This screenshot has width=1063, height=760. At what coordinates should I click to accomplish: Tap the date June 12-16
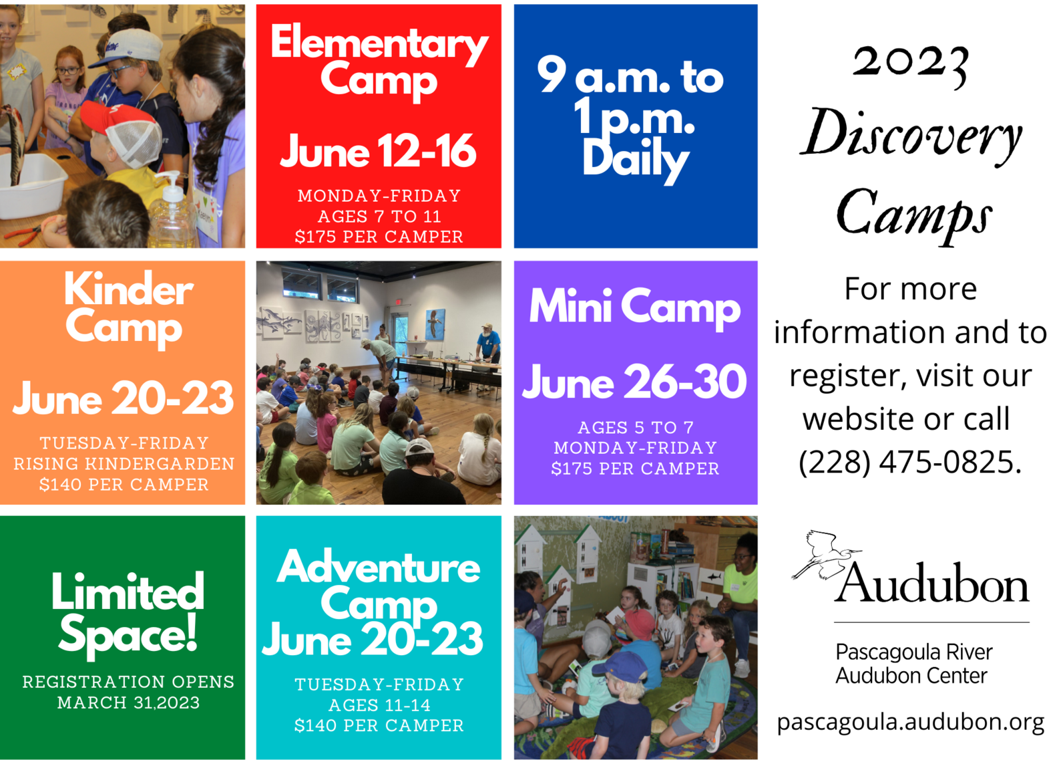point(378,151)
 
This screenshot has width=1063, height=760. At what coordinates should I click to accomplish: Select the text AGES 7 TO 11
point(379,217)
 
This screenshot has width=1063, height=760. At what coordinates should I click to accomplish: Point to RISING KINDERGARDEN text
point(124,464)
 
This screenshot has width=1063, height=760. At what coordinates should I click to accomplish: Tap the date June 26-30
point(634,382)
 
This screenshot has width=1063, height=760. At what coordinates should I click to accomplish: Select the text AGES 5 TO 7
point(636,428)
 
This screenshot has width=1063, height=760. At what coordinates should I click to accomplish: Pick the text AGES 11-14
point(379,705)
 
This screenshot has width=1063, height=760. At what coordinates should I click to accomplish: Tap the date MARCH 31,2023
point(128,703)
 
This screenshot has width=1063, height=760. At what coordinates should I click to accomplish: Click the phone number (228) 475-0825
point(910,462)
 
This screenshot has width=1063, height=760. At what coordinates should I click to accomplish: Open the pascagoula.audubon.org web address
point(911,723)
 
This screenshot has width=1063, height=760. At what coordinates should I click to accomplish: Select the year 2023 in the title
point(910,66)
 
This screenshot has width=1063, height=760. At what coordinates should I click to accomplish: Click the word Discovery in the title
point(910,136)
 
